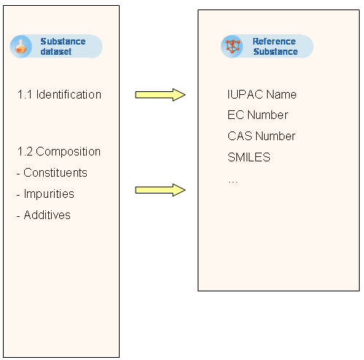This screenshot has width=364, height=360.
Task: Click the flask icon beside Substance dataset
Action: pos(21,47)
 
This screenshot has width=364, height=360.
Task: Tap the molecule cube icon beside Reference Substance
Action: pos(232,46)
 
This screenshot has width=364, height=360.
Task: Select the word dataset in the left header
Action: pos(56,52)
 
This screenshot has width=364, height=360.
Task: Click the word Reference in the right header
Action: pos(274,42)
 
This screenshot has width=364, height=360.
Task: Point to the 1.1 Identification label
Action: pos(59,94)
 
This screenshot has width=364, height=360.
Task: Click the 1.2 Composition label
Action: pos(59,152)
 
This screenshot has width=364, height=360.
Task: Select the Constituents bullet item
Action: pos(52,172)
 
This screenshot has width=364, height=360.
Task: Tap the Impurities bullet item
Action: pos(45,194)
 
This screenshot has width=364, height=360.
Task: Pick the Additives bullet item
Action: pos(44,215)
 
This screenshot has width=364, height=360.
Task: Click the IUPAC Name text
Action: pos(262,94)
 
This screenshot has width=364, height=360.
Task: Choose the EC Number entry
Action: pos(257,115)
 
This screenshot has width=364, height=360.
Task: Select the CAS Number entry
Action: pos(261,136)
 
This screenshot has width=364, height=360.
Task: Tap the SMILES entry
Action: pos(249,157)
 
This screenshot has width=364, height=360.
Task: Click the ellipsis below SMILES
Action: pos(233,182)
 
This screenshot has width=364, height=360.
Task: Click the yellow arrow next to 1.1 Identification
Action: pos(160,95)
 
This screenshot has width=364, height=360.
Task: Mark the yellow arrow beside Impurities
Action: pos(160,190)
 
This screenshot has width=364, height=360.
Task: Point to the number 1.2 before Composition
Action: pos(25,152)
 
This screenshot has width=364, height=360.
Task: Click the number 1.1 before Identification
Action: pos(25,94)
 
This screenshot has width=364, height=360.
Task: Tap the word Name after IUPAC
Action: pos(282,94)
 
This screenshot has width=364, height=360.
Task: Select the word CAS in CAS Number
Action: pos(240,136)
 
